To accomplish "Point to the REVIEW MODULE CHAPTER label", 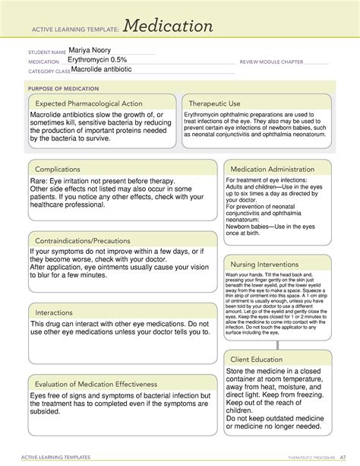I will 271,61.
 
